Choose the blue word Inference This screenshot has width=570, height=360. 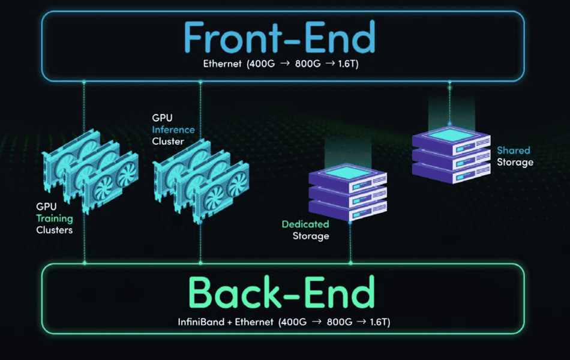click(x=173, y=130)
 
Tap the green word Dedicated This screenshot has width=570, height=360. click(x=305, y=224)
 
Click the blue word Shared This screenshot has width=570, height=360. click(x=513, y=151)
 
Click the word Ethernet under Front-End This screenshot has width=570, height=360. click(x=223, y=64)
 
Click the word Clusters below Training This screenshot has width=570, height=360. click(x=54, y=230)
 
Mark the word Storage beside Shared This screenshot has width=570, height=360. click(x=515, y=162)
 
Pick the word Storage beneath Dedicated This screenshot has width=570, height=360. click(x=311, y=236)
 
